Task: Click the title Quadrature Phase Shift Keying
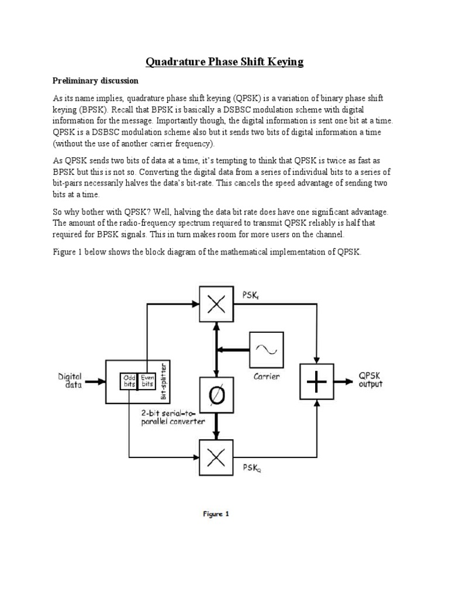(x=224, y=62)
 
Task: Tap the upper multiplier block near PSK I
(x=217, y=304)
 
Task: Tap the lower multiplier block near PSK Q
(x=217, y=457)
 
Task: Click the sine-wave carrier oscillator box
(x=267, y=349)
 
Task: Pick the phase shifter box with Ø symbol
(x=217, y=396)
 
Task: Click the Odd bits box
(x=128, y=381)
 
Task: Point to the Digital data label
(x=70, y=381)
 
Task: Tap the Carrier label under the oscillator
(x=266, y=376)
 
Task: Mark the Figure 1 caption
(x=216, y=514)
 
